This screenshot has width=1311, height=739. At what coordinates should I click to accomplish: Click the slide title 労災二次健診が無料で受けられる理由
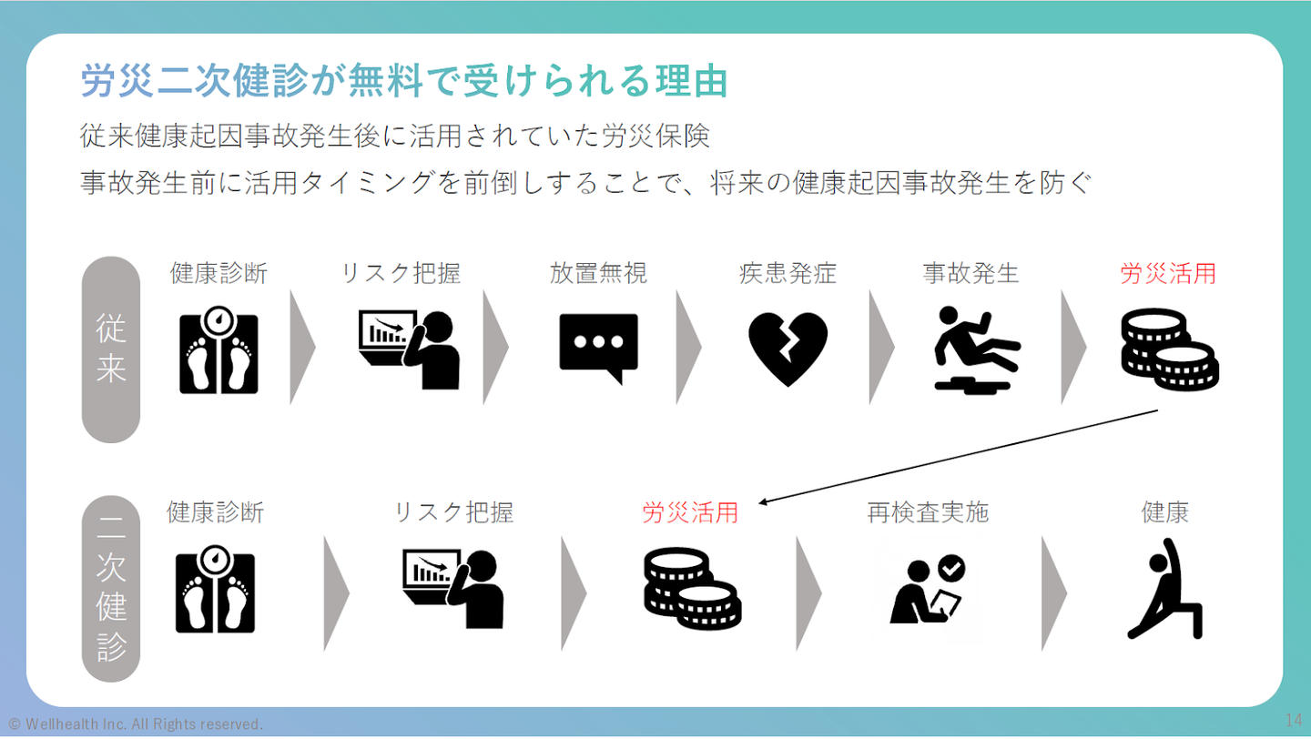(404, 81)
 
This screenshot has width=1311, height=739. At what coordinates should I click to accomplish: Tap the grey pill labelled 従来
(110, 349)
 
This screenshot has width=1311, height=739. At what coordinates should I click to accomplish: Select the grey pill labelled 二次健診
(110, 589)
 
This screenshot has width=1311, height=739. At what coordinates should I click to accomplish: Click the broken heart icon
(788, 349)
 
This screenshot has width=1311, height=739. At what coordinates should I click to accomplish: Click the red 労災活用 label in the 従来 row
(1168, 273)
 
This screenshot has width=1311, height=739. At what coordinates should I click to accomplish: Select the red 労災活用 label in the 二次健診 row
(690, 512)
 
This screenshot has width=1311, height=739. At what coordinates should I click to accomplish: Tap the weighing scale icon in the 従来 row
(218, 353)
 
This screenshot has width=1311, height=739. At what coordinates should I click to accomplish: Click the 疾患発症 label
(788, 273)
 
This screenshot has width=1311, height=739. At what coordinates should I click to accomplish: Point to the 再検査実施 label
(928, 512)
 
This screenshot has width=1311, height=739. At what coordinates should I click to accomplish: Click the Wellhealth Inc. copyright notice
(136, 724)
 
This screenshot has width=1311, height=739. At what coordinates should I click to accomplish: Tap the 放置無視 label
(598, 273)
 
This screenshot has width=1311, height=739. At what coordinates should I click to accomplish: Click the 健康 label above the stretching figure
(1165, 512)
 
